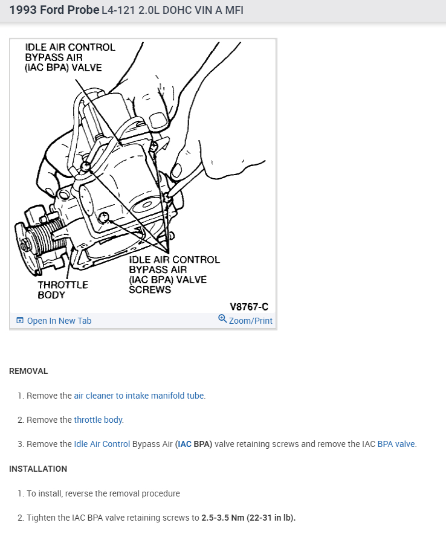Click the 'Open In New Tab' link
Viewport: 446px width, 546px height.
pyautogui.click(x=59, y=321)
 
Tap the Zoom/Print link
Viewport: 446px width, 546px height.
pyautogui.click(x=250, y=321)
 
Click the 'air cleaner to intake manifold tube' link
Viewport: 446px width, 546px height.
pyautogui.click(x=139, y=396)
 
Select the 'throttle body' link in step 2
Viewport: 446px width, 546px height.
pyautogui.click(x=99, y=420)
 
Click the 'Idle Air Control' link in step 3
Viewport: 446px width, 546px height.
pyautogui.click(x=102, y=444)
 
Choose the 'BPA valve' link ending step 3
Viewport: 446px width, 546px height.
pyautogui.click(x=396, y=444)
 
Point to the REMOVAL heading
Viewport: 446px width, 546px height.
pyautogui.click(x=28, y=371)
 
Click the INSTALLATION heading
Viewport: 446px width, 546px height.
pyautogui.click(x=38, y=469)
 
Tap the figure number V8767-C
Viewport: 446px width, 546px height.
pyautogui.click(x=249, y=307)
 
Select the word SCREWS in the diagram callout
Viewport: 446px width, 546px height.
pyautogui.click(x=150, y=289)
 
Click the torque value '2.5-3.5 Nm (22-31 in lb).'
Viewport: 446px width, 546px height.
pyautogui.click(x=248, y=518)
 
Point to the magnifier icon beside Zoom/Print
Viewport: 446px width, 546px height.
pyautogui.click(x=222, y=319)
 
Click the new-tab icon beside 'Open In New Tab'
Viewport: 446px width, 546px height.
pyautogui.click(x=20, y=321)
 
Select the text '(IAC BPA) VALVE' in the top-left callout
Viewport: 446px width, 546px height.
pyautogui.click(x=63, y=67)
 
